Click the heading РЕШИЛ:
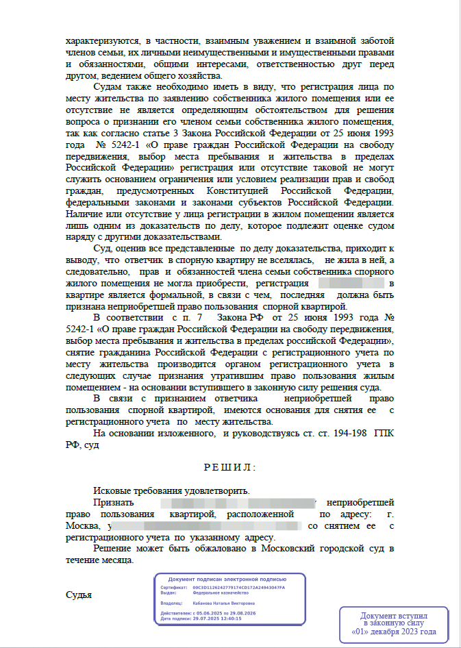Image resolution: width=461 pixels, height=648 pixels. pyautogui.click(x=229, y=467)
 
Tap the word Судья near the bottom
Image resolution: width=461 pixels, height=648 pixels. pyautogui.click(x=79, y=595)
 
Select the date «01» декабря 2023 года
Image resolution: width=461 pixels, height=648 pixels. pyautogui.click(x=393, y=632)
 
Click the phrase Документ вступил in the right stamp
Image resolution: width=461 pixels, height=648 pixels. pyautogui.click(x=394, y=616)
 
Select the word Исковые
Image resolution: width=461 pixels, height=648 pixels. pyautogui.click(x=113, y=490)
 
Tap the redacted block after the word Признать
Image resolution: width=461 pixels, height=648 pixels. pyautogui.click(x=236, y=502)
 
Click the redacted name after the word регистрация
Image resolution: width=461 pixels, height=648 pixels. pyautogui.click(x=349, y=282)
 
